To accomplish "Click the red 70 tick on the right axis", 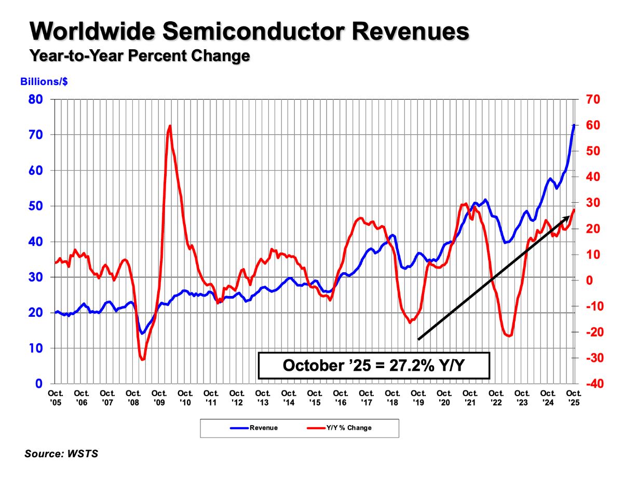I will [x=594, y=99].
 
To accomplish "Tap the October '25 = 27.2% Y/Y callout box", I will [x=374, y=365].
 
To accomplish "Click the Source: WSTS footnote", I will [x=61, y=454].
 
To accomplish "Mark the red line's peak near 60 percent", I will [x=170, y=126].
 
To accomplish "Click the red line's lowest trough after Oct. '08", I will [x=142, y=359].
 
